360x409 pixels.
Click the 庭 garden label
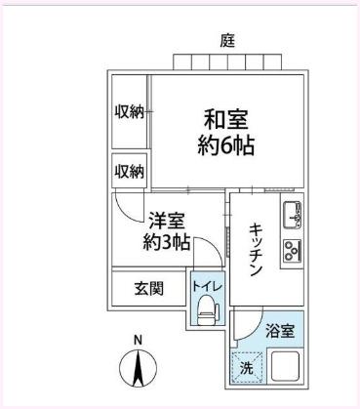coord(226,41)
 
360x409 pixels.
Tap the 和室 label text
coord(225,121)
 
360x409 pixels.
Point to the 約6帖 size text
coord(225,146)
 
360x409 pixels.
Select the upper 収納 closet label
coord(129,111)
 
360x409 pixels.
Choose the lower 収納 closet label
coord(129,171)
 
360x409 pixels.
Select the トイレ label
coord(207,285)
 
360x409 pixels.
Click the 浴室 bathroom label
coord(281,330)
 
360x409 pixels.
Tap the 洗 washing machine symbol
coord(246,370)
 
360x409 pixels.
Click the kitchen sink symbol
coord(292,213)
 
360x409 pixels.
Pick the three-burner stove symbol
coord(292,251)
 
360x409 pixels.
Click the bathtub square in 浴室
coord(288,369)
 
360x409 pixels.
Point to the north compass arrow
coord(138,368)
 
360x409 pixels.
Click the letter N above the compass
coord(138,340)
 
